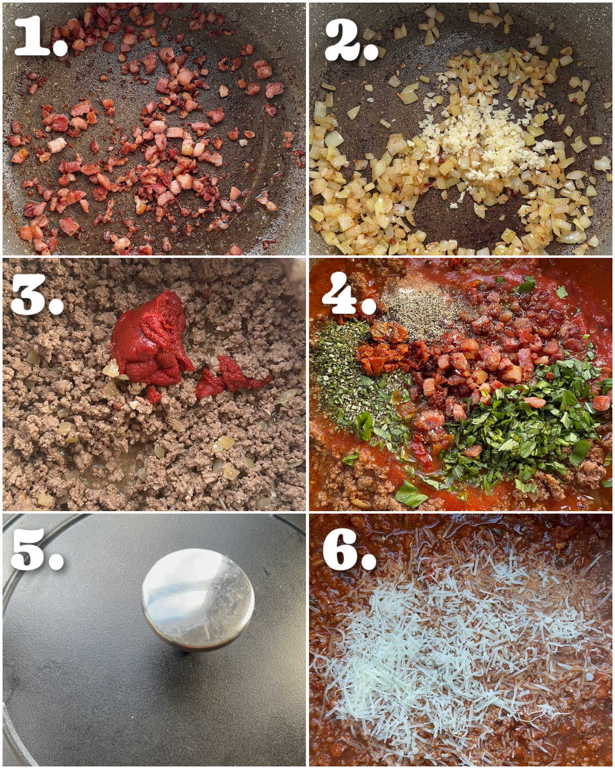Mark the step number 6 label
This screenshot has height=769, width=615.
349,550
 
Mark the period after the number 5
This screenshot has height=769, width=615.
56,562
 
